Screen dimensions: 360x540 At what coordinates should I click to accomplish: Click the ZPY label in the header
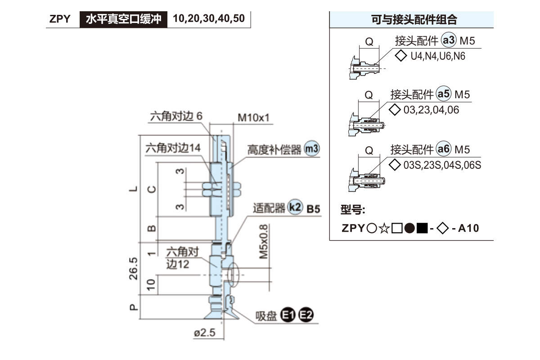point(60,19)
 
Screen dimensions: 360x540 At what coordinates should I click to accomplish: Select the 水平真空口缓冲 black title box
point(124,19)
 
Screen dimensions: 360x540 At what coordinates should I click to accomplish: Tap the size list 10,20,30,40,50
point(209,19)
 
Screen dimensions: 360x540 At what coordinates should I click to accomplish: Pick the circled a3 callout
point(449,41)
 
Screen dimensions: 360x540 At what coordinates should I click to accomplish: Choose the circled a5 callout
point(444,94)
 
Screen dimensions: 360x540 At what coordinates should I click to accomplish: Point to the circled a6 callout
point(444,149)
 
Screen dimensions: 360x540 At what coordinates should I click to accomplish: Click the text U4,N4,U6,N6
point(438,56)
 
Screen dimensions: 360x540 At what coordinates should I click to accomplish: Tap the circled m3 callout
point(311,148)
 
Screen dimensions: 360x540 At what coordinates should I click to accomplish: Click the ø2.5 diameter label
point(205,333)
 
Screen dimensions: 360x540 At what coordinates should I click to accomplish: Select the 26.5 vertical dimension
point(134,269)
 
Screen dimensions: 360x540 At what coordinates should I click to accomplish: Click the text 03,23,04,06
point(431,110)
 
